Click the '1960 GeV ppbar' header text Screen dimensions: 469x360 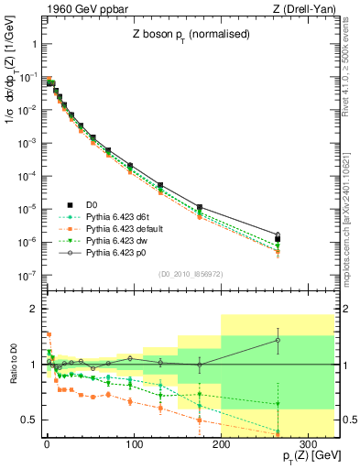[x=80, y=10]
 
